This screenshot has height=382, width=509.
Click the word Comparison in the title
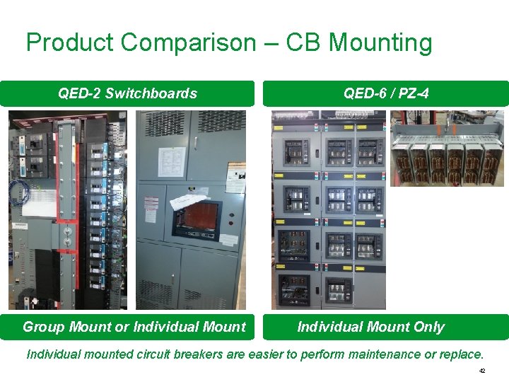(187, 43)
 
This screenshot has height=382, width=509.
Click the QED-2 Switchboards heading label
(127, 93)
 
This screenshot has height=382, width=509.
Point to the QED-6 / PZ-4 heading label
(386, 93)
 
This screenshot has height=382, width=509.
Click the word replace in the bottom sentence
(460, 354)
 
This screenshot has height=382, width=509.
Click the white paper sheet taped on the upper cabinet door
(172, 161)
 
